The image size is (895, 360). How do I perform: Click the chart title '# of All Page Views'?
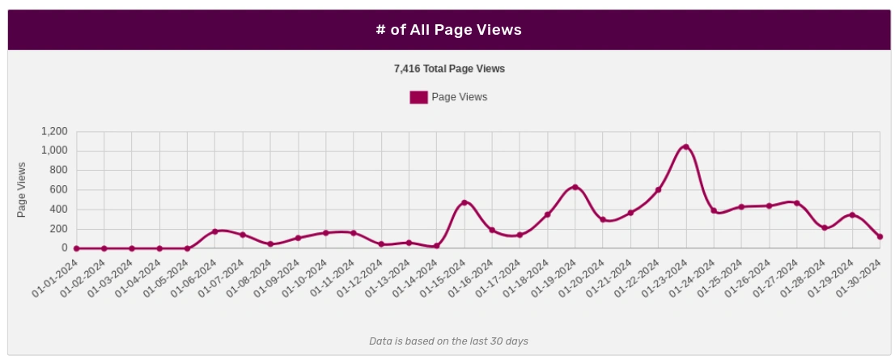[448, 30]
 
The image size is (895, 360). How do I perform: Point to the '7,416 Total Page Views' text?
[449, 69]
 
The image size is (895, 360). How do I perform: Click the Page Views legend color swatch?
[418, 97]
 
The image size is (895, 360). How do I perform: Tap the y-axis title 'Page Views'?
[22, 189]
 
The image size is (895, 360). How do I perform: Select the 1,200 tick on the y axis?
[54, 131]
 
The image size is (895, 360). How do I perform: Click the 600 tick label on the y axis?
[59, 190]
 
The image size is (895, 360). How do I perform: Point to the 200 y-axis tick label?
[59, 229]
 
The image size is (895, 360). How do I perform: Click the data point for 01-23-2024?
[686, 146]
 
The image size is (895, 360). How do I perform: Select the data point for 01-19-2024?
[575, 187]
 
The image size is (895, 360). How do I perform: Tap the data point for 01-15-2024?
[464, 202]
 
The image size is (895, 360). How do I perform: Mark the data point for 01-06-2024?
[215, 231]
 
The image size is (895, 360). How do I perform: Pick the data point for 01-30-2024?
[880, 237]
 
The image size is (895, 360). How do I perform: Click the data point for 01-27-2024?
[797, 203]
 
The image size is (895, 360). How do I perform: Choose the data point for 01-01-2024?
[77, 248]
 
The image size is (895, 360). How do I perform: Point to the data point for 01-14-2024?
[437, 246]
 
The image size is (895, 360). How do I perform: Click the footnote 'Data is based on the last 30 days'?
[448, 341]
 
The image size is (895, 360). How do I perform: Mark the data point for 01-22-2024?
[659, 190]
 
